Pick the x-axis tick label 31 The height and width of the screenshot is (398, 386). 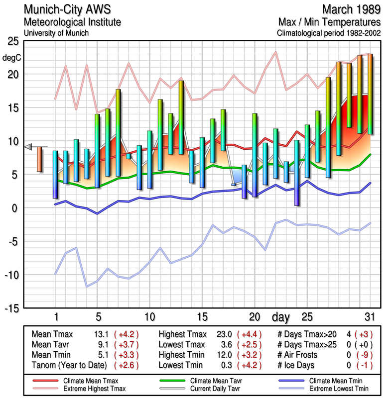tap(369, 317)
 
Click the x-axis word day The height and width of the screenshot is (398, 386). tap(281, 317)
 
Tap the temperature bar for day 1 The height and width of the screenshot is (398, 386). tap(55, 174)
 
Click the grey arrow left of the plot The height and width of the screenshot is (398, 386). tap(28, 146)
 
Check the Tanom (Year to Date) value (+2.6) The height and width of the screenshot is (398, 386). tap(126, 365)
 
